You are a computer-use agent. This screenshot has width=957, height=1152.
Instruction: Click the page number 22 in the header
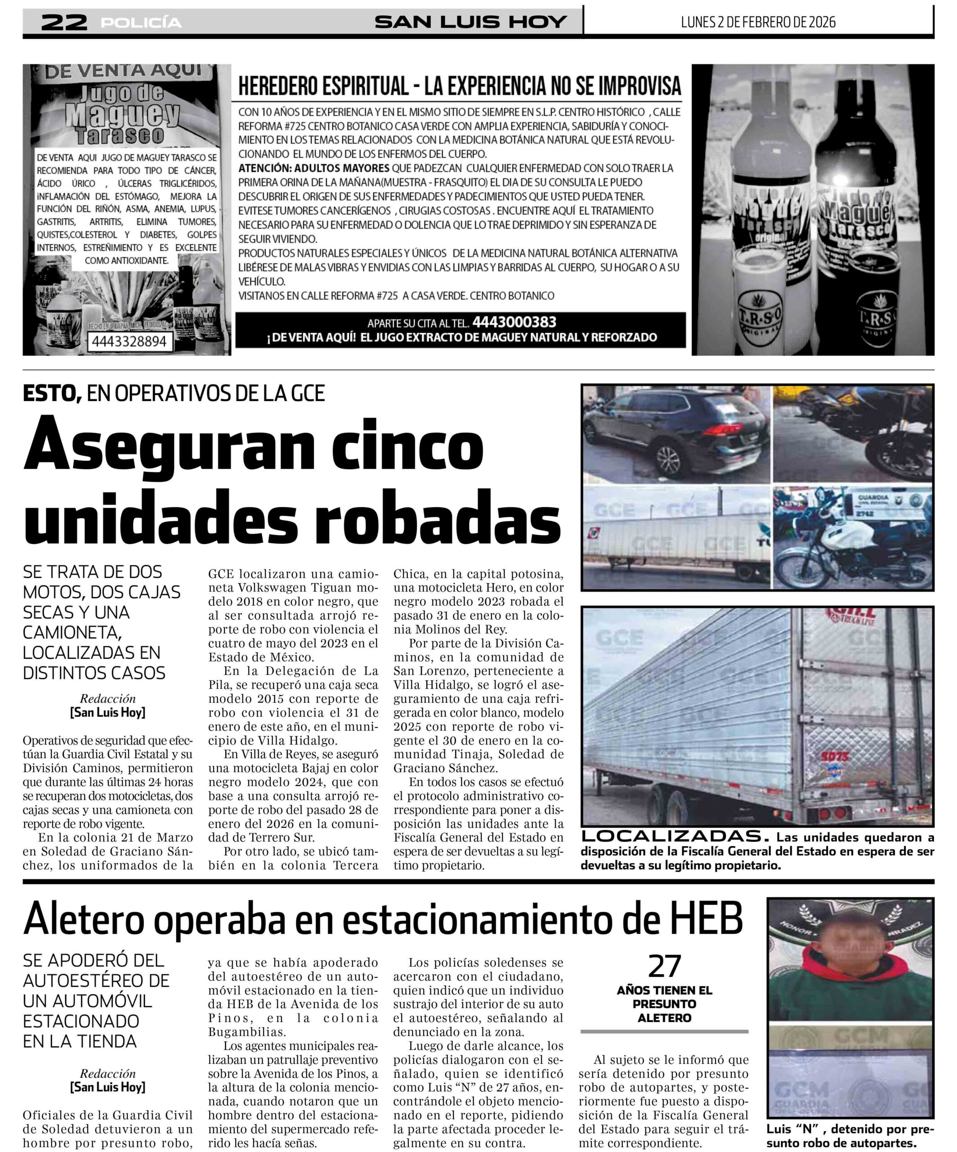tap(64, 22)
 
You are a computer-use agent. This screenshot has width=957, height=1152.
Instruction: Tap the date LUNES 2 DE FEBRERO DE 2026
tap(758, 22)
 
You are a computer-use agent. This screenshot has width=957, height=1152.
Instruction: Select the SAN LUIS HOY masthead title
tap(470, 22)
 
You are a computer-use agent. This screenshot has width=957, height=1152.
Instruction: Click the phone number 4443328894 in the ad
tap(130, 341)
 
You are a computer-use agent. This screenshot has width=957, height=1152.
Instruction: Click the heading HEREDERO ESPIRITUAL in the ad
tap(323, 86)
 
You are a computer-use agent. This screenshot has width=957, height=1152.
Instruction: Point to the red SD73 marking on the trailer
tap(834, 757)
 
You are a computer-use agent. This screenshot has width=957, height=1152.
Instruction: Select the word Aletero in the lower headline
tap(82, 918)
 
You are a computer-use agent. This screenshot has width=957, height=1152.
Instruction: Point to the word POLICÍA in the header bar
tap(141, 22)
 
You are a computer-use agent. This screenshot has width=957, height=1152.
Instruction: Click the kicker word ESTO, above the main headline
tap(52, 393)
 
